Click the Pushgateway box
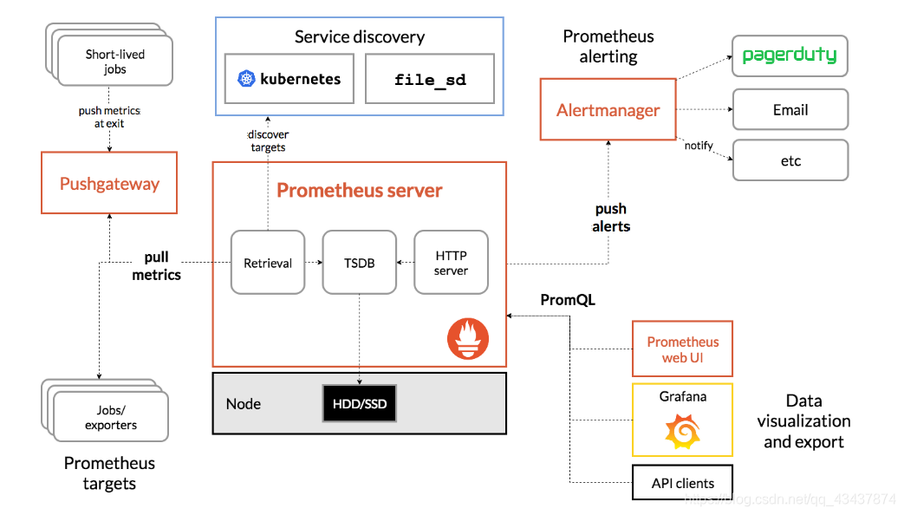[x=109, y=183]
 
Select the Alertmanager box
[x=608, y=110]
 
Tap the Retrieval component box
[x=268, y=263]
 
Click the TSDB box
[x=359, y=263]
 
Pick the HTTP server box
[x=451, y=263]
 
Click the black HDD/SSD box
[x=360, y=403]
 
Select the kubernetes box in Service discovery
[x=289, y=79]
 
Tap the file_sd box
[x=430, y=79]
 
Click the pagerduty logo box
[x=790, y=55]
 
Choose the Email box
[x=790, y=110]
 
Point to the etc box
[x=790, y=160]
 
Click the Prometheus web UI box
[x=682, y=349]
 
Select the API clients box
[x=682, y=483]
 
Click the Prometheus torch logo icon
[x=468, y=338]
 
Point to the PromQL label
[x=568, y=300]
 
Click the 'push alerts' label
[x=610, y=218]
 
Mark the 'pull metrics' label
[x=156, y=266]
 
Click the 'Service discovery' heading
[x=359, y=36]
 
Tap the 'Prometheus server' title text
[x=359, y=190]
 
